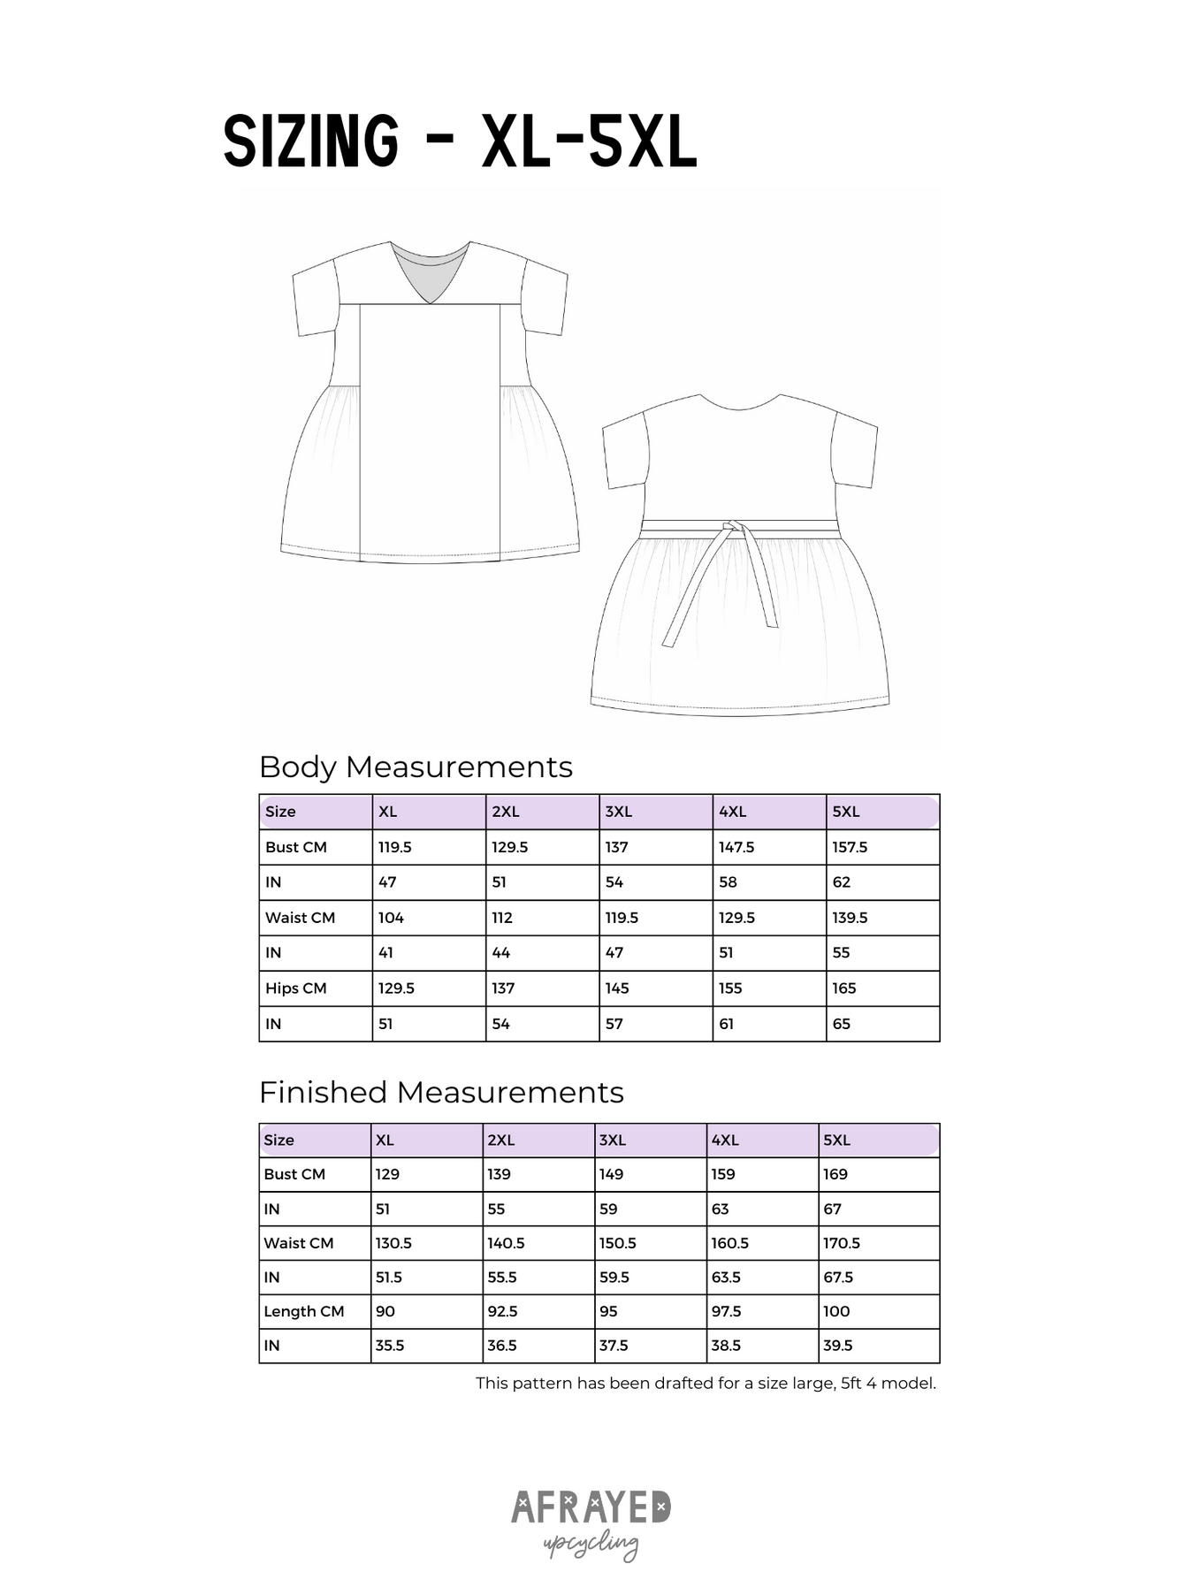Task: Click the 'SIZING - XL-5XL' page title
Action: tap(460, 141)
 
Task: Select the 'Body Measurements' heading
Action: tap(416, 767)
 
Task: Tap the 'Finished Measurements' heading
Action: tap(441, 1092)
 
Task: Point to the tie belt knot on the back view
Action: tap(728, 528)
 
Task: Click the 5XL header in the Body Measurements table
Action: tap(845, 812)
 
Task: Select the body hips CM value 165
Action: tap(843, 988)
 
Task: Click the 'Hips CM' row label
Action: tap(296, 988)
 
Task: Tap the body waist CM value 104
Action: tap(391, 918)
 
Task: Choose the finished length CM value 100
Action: tap(835, 1311)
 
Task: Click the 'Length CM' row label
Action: tap(303, 1311)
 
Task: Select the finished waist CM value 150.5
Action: tap(617, 1243)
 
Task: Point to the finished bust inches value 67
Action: tap(832, 1209)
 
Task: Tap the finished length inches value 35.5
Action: tap(390, 1346)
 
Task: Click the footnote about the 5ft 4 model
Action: tap(706, 1384)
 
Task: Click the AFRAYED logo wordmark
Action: tap(591, 1507)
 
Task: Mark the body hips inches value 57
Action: tap(614, 1024)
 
